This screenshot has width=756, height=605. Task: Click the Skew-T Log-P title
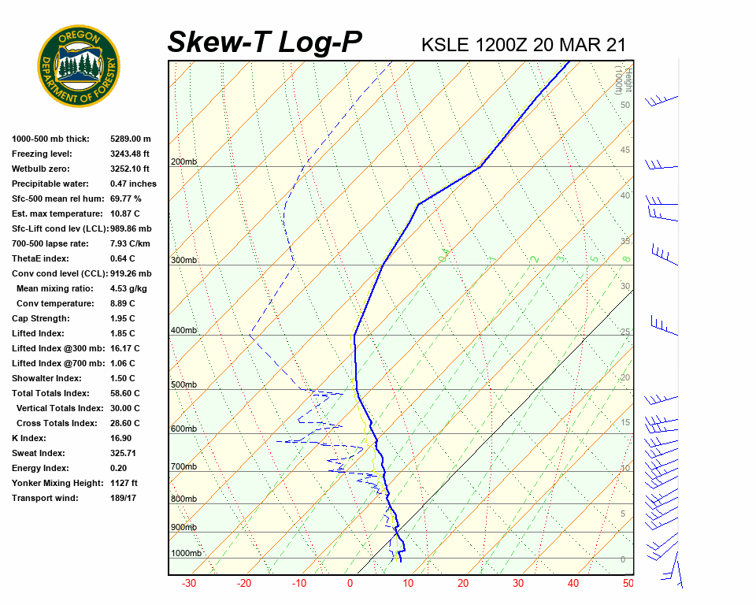pos(265,43)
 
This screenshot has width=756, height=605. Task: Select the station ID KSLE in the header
pos(446,45)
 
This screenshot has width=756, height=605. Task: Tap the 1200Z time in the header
pos(501,45)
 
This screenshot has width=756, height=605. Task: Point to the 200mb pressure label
pos(183,162)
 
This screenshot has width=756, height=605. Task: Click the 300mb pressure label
pos(183,260)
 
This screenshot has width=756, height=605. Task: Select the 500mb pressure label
pos(183,385)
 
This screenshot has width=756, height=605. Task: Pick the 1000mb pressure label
pos(186,554)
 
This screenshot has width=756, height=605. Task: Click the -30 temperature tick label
pos(189,584)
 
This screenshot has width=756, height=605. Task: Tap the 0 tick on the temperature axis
pos(350,584)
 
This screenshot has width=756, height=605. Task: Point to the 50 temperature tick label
pos(628,584)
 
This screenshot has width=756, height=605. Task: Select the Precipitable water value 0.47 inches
pos(133,184)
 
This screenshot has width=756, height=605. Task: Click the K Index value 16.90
pos(122,438)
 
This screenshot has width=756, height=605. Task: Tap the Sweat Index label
pos(39,453)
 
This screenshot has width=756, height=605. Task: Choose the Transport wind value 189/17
pos(124,498)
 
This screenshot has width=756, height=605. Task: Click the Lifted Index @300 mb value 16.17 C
pos(124,348)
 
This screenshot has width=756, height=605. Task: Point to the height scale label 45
pos(625,150)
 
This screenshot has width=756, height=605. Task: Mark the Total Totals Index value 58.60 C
pos(124,393)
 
